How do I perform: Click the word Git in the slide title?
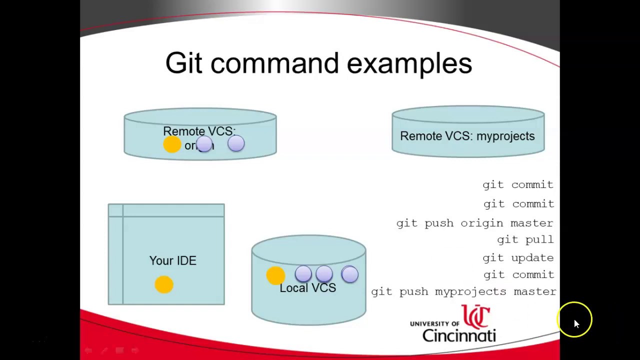(x=183, y=63)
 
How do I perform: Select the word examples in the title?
(x=409, y=63)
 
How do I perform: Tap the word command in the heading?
(x=274, y=63)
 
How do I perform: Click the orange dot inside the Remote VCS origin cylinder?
(x=172, y=144)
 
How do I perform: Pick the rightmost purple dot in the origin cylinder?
(x=236, y=144)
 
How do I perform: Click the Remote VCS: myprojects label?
(x=467, y=136)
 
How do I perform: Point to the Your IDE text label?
(x=172, y=260)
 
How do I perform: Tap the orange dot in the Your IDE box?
(x=164, y=284)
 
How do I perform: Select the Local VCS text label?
(x=307, y=288)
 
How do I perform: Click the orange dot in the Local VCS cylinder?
(x=275, y=275)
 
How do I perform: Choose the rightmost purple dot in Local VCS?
(x=349, y=274)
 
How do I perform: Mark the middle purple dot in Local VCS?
(x=324, y=274)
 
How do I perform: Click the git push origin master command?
(x=474, y=223)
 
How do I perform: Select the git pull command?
(x=525, y=239)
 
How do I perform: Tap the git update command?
(x=518, y=257)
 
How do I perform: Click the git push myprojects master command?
(x=463, y=291)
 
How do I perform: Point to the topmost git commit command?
(x=518, y=184)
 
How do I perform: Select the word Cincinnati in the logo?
(x=458, y=334)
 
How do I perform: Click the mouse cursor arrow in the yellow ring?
(x=576, y=323)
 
